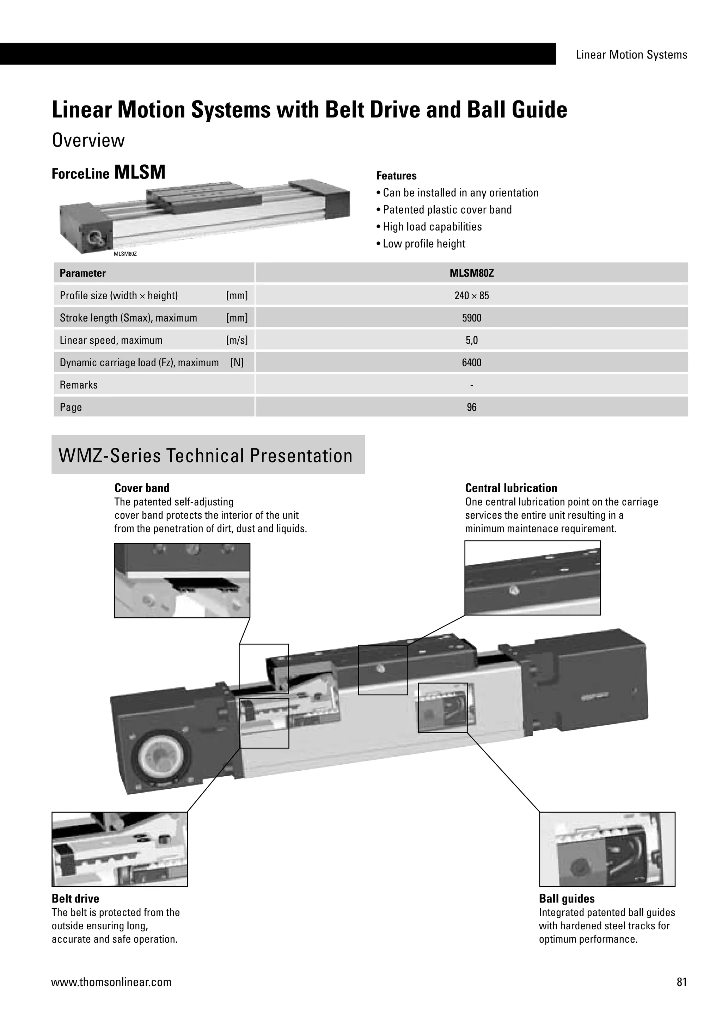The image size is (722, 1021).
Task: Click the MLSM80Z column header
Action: (x=471, y=273)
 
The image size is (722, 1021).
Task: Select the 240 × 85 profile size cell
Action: (x=471, y=295)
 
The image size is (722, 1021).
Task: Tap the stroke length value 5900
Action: (x=471, y=318)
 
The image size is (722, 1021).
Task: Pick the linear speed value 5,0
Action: (x=471, y=340)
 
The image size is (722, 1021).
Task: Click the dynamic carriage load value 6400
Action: (x=471, y=362)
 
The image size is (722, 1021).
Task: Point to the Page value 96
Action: (x=471, y=407)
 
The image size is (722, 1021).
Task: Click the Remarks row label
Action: (x=79, y=385)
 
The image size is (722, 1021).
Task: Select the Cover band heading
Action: (x=142, y=488)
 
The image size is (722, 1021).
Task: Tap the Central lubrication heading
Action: (x=511, y=488)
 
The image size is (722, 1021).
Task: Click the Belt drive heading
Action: (x=75, y=898)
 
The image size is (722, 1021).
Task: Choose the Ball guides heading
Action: (x=567, y=898)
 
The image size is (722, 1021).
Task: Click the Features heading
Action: (x=396, y=176)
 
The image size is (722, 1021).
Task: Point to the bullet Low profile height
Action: (x=424, y=244)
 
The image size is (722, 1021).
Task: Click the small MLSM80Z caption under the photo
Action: (x=125, y=254)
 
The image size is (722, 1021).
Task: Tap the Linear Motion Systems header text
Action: (x=631, y=55)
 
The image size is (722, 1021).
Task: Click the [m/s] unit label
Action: (x=237, y=340)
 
